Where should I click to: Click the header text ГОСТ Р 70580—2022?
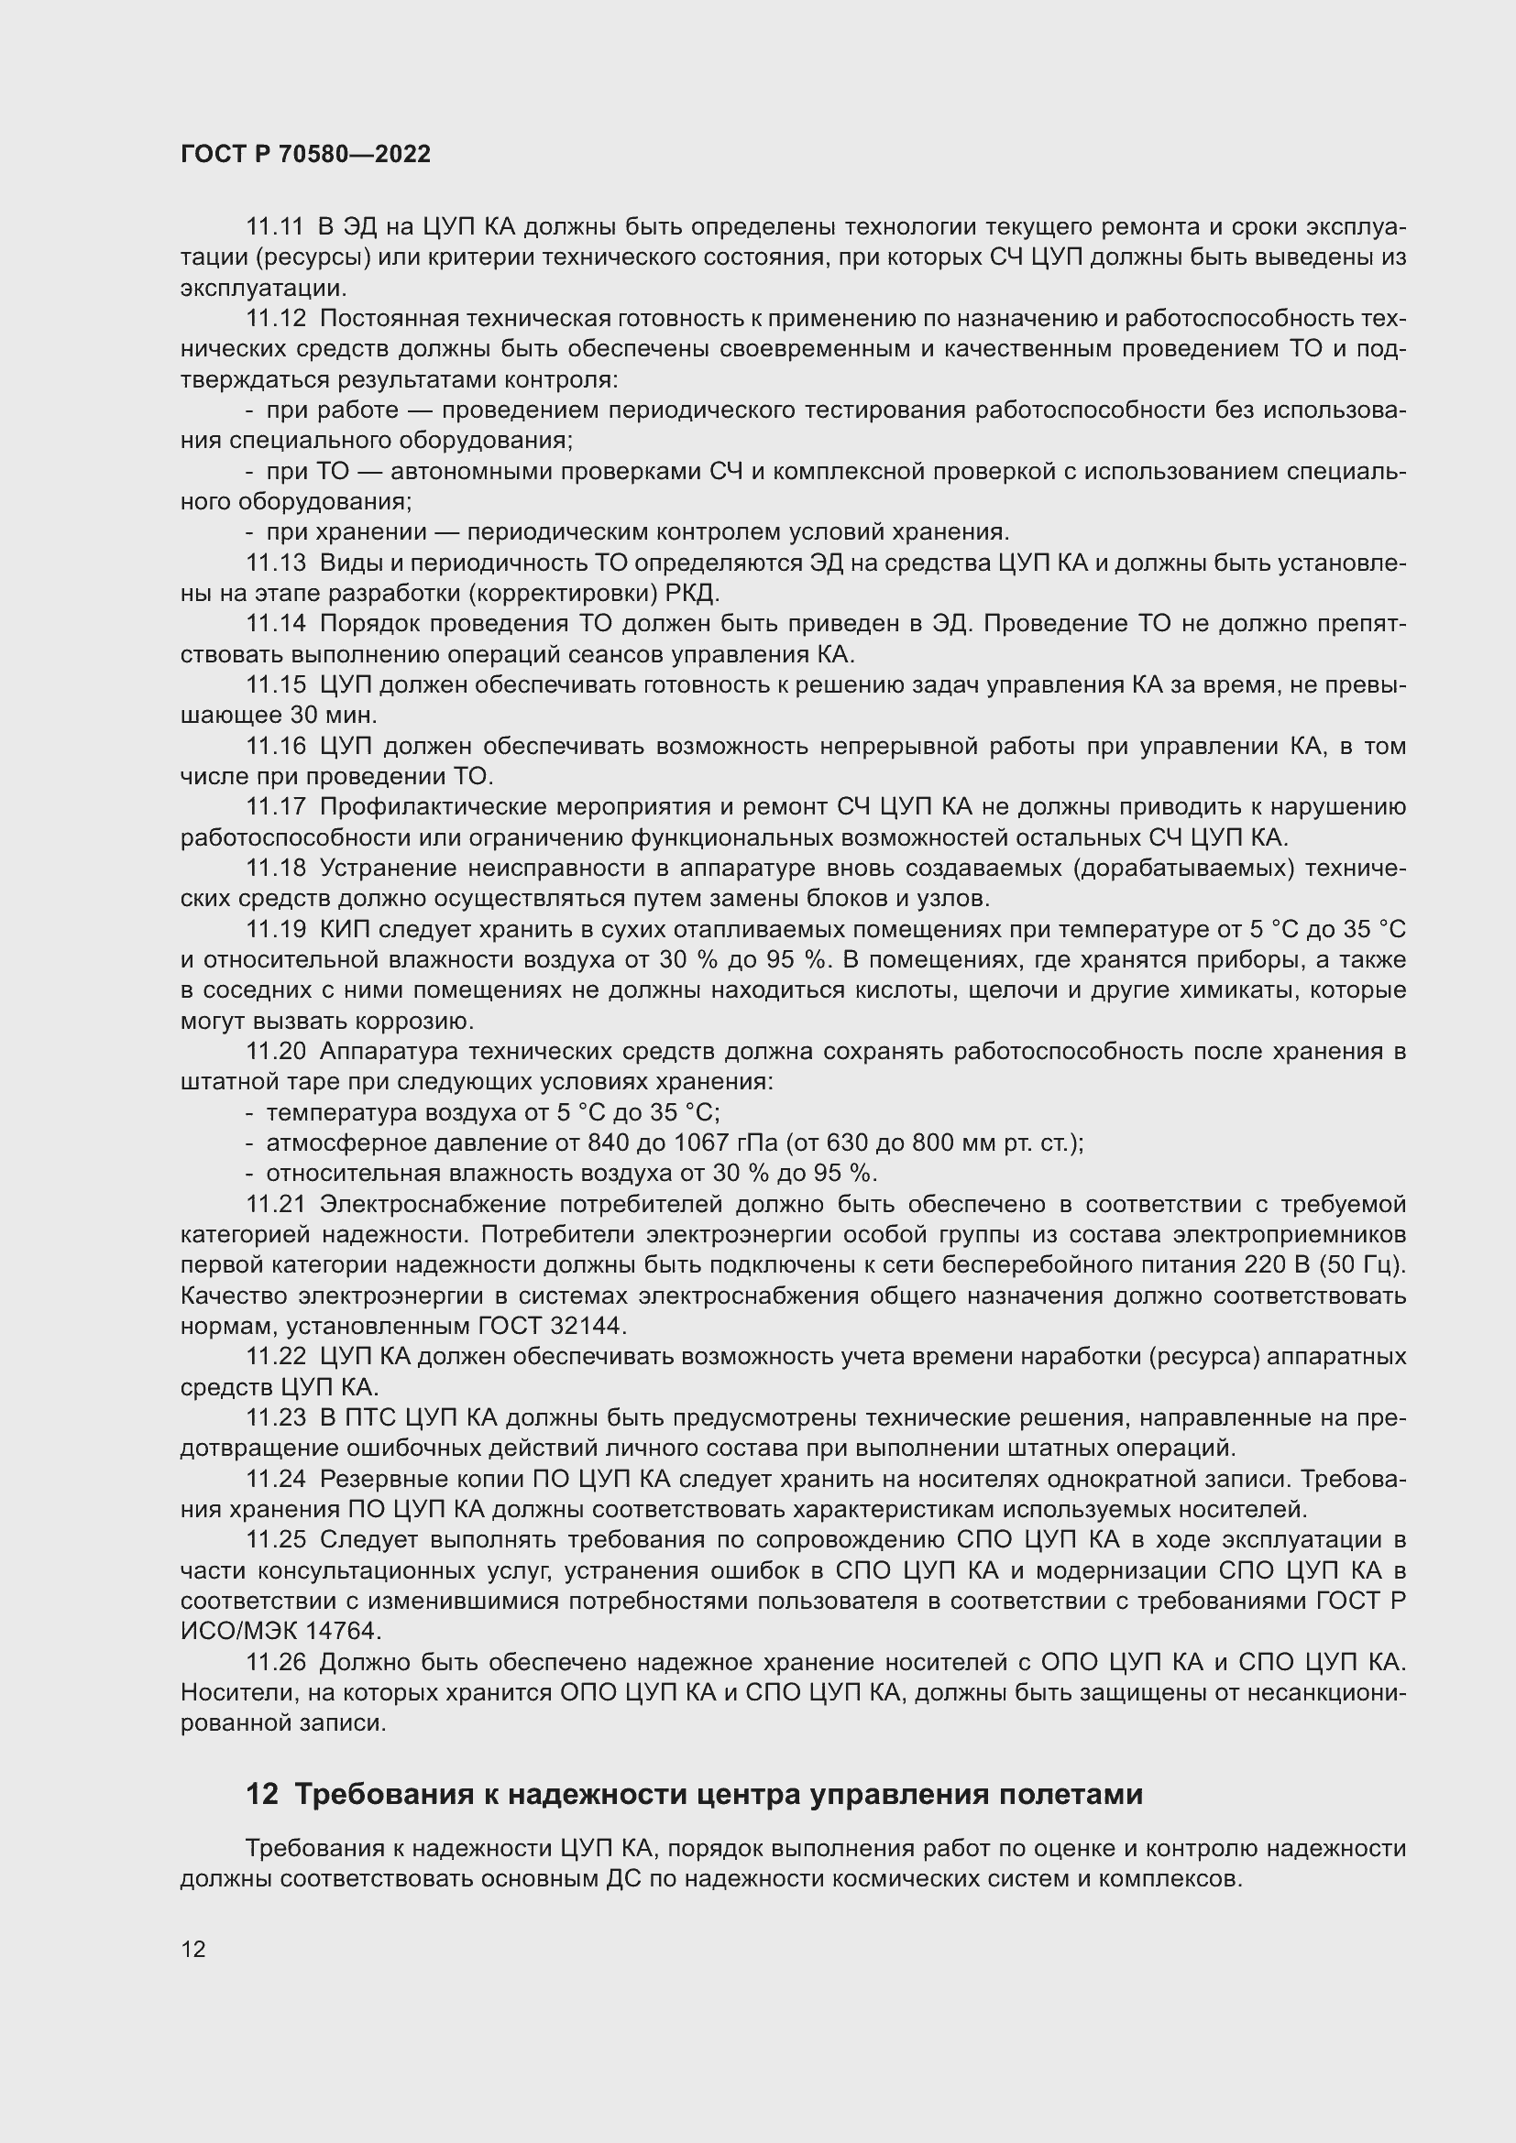pyautogui.click(x=305, y=155)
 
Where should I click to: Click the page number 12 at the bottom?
pyautogui.click(x=193, y=1949)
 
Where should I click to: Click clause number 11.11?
pyautogui.click(x=274, y=228)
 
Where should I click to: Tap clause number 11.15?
pyautogui.click(x=274, y=686)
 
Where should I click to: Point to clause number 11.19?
pyautogui.click(x=274, y=930)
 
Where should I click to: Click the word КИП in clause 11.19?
pyautogui.click(x=345, y=930)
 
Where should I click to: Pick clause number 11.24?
pyautogui.click(x=274, y=1480)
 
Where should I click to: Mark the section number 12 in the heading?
pyautogui.click(x=261, y=1795)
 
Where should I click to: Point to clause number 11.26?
pyautogui.click(x=274, y=1662)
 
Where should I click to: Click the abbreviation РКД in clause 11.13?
pyautogui.click(x=690, y=595)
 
